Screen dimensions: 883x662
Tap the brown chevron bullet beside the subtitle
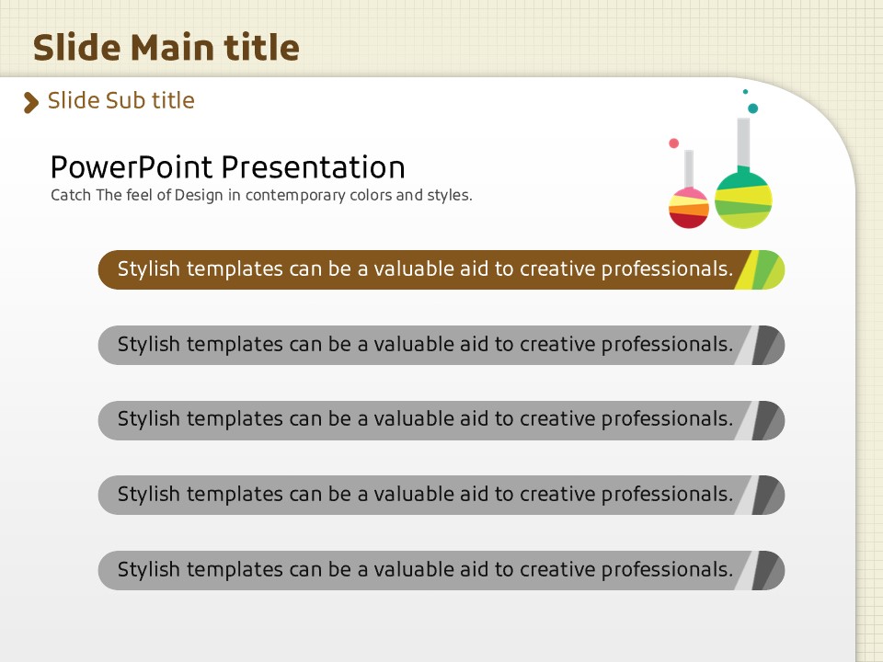(31, 102)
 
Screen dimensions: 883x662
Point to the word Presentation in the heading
(313, 167)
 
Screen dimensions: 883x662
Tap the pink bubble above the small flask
(673, 143)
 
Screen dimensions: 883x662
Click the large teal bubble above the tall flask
(752, 108)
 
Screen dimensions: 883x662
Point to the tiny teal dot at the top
(745, 91)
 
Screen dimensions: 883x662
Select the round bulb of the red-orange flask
(689, 209)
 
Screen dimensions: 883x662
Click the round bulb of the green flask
(743, 200)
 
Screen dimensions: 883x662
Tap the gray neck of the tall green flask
(743, 142)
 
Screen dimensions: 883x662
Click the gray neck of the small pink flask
(689, 169)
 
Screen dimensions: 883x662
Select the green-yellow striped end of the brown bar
(761, 269)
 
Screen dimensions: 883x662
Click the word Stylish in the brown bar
(149, 269)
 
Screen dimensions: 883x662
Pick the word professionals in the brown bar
(668, 269)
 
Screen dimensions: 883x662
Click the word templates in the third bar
(235, 419)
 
